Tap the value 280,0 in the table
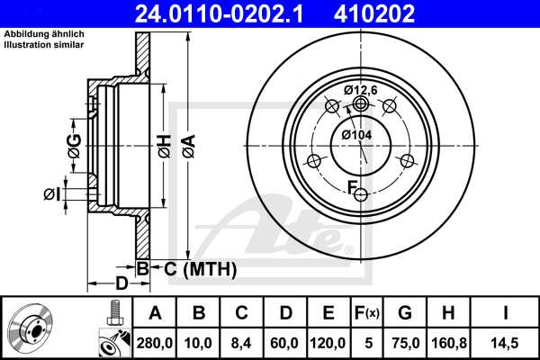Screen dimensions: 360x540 pyautogui.click(x=155, y=341)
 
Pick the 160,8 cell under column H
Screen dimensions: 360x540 pyautogui.click(x=452, y=341)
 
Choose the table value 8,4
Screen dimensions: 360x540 pyautogui.click(x=242, y=341)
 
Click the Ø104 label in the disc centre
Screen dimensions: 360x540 pyautogui.click(x=356, y=134)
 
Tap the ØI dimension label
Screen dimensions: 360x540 pyautogui.click(x=52, y=193)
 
